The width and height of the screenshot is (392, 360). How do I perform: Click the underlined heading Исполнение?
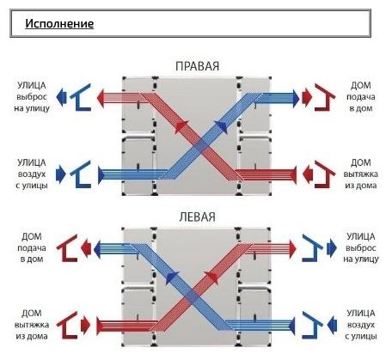[59, 23]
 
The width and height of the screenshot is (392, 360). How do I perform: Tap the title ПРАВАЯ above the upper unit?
[197, 66]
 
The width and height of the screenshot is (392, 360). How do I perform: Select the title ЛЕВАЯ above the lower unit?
[197, 217]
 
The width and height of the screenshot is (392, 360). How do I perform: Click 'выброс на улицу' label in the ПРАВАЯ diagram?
[32, 102]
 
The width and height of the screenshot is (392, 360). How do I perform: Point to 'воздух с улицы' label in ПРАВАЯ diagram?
[32, 180]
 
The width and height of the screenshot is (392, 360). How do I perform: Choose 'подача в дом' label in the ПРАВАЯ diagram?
[360, 102]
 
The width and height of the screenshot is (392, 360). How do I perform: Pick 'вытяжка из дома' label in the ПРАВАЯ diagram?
[360, 180]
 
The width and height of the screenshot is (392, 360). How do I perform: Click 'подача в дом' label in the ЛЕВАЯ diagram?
[32, 253]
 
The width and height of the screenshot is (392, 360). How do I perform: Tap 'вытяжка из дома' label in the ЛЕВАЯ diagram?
[32, 331]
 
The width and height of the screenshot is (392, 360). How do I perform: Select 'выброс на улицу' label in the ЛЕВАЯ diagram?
[361, 253]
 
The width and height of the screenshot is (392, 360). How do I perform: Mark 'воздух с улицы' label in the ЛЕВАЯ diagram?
[361, 331]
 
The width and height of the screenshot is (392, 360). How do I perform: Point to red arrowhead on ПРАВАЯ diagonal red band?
[181, 127]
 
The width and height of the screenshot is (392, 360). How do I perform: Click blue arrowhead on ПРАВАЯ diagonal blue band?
[221, 127]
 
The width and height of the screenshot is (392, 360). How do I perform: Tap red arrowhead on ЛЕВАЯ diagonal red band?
[212, 278]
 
